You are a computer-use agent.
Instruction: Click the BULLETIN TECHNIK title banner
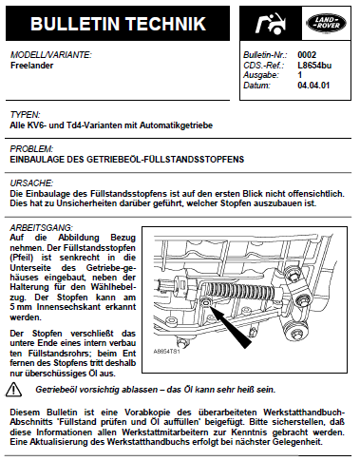[118, 24]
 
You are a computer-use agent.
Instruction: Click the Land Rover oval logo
[327, 23]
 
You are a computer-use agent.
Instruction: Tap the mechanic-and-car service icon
[271, 24]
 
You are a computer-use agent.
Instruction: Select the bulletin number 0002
[307, 55]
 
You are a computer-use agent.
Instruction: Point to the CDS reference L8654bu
[314, 66]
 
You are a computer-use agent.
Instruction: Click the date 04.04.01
[313, 86]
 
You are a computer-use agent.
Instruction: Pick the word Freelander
[31, 66]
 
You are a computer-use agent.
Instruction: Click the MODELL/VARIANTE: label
[51, 55]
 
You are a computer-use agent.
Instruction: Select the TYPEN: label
[25, 114]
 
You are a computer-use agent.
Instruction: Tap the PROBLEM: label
[31, 148]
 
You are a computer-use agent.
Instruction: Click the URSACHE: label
[31, 182]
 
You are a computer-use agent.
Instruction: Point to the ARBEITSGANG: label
[42, 227]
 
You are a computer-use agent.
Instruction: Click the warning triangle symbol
[13, 390]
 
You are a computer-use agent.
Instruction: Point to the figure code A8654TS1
[166, 352]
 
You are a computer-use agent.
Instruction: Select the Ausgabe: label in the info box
[261, 75]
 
